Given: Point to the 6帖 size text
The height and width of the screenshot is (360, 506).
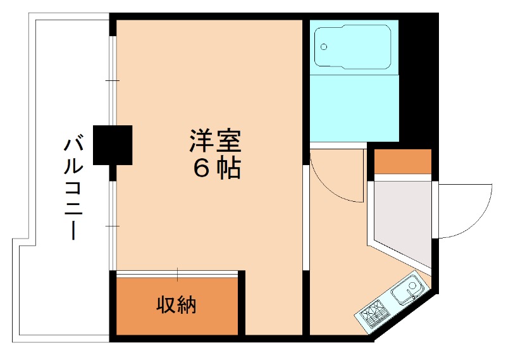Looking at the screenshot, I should coord(216,168).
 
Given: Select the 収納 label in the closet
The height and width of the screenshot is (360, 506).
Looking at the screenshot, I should coord(176,306).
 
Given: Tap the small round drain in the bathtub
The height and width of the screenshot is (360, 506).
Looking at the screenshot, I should coord(324,47).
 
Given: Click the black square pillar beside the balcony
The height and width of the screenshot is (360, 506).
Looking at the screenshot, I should coord(113,145).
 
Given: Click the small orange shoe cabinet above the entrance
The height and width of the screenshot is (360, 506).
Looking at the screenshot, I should coord(403,161).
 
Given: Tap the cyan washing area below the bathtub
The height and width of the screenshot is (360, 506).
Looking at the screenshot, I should coord(354,111).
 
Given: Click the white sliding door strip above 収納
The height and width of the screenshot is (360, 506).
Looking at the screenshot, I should coord(178,274).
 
